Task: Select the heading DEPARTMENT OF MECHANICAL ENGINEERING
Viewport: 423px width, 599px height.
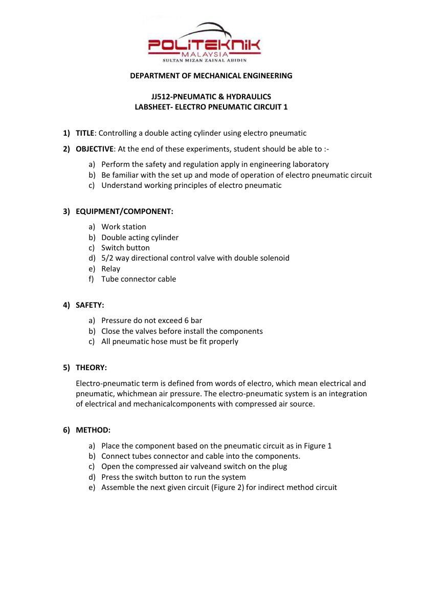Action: tap(211, 76)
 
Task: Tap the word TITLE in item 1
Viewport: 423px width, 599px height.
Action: tap(85, 133)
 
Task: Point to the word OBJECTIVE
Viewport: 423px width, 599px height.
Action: tap(95, 149)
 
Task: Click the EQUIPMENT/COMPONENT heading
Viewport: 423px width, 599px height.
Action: tap(124, 211)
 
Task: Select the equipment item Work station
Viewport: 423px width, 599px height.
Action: tap(124, 227)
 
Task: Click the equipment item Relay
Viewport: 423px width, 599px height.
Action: tap(111, 269)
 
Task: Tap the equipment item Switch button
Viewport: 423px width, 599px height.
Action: tap(125, 248)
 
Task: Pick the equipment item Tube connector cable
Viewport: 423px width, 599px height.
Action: tap(139, 279)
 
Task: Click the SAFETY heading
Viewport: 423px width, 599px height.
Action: tap(90, 305)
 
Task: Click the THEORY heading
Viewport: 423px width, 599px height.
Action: tap(91, 368)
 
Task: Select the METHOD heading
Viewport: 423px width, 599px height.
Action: tap(93, 430)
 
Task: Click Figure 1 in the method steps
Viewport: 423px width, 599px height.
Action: tap(318, 446)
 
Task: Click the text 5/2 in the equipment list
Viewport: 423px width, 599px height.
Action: tap(107, 258)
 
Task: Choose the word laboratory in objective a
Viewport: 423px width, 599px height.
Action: tap(310, 164)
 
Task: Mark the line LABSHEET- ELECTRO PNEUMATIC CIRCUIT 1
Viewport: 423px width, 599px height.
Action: tap(211, 107)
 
